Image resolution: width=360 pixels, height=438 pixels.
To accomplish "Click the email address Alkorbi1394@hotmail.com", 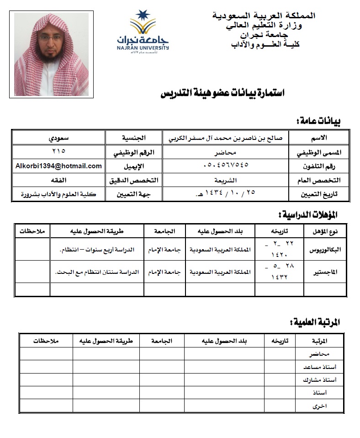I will coord(58,166).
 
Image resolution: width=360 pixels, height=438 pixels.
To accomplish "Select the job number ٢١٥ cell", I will coord(58,151).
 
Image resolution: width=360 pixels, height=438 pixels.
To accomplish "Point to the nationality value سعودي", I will coord(58,137).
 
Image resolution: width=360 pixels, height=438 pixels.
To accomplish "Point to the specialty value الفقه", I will coord(58,180).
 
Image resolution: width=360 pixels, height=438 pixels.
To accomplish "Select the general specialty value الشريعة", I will coord(225,180).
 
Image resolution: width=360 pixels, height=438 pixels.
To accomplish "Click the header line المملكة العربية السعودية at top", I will coord(264,16).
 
